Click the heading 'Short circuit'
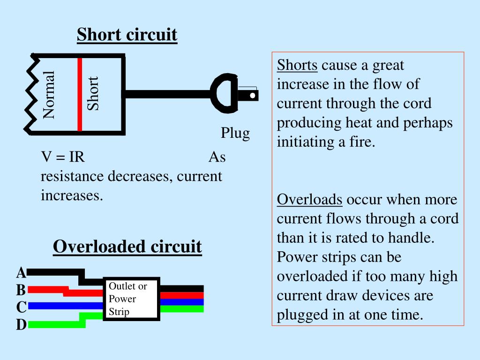tap(127, 35)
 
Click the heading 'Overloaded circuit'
tap(127, 247)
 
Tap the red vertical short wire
tap(80, 94)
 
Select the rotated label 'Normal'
tap(49, 94)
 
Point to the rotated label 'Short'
tap(93, 94)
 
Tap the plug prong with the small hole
tap(248, 96)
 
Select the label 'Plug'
tap(235, 133)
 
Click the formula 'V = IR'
tap(63, 157)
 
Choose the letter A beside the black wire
tap(21, 272)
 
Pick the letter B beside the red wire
tap(21, 290)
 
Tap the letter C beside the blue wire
tap(21, 307)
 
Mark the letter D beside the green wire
tap(21, 324)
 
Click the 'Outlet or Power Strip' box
tap(132, 299)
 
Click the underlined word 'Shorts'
tap(297, 65)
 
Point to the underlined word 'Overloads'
tap(309, 200)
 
